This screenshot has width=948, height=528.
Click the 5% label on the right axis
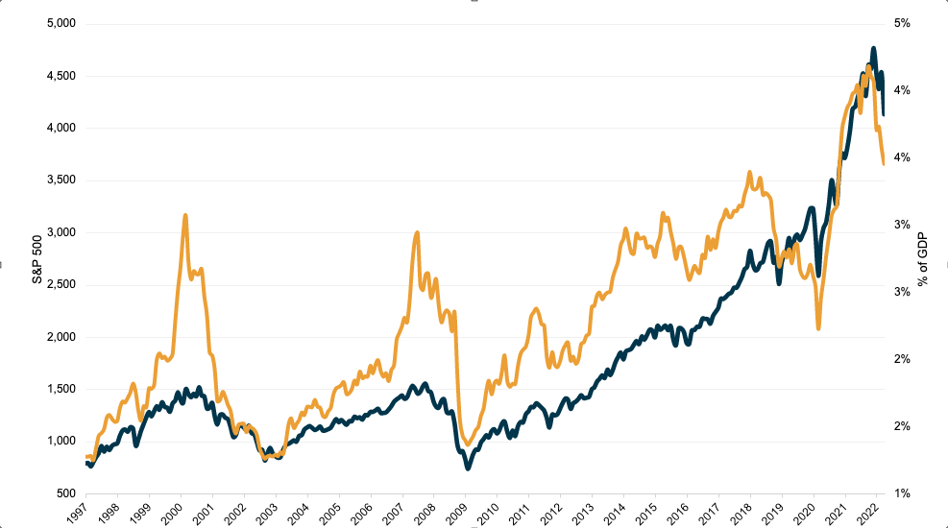tap(902, 23)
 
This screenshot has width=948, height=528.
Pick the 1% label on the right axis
tap(902, 493)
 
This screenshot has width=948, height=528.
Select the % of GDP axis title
tap(924, 258)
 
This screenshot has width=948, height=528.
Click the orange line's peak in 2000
tap(184, 216)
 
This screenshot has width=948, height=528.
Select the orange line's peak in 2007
tap(417, 232)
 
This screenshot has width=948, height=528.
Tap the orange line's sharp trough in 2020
tap(818, 328)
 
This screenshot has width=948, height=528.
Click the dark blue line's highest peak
tap(873, 48)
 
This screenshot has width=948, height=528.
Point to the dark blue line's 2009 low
tap(468, 468)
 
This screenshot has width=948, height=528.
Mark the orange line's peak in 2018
tap(748, 173)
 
